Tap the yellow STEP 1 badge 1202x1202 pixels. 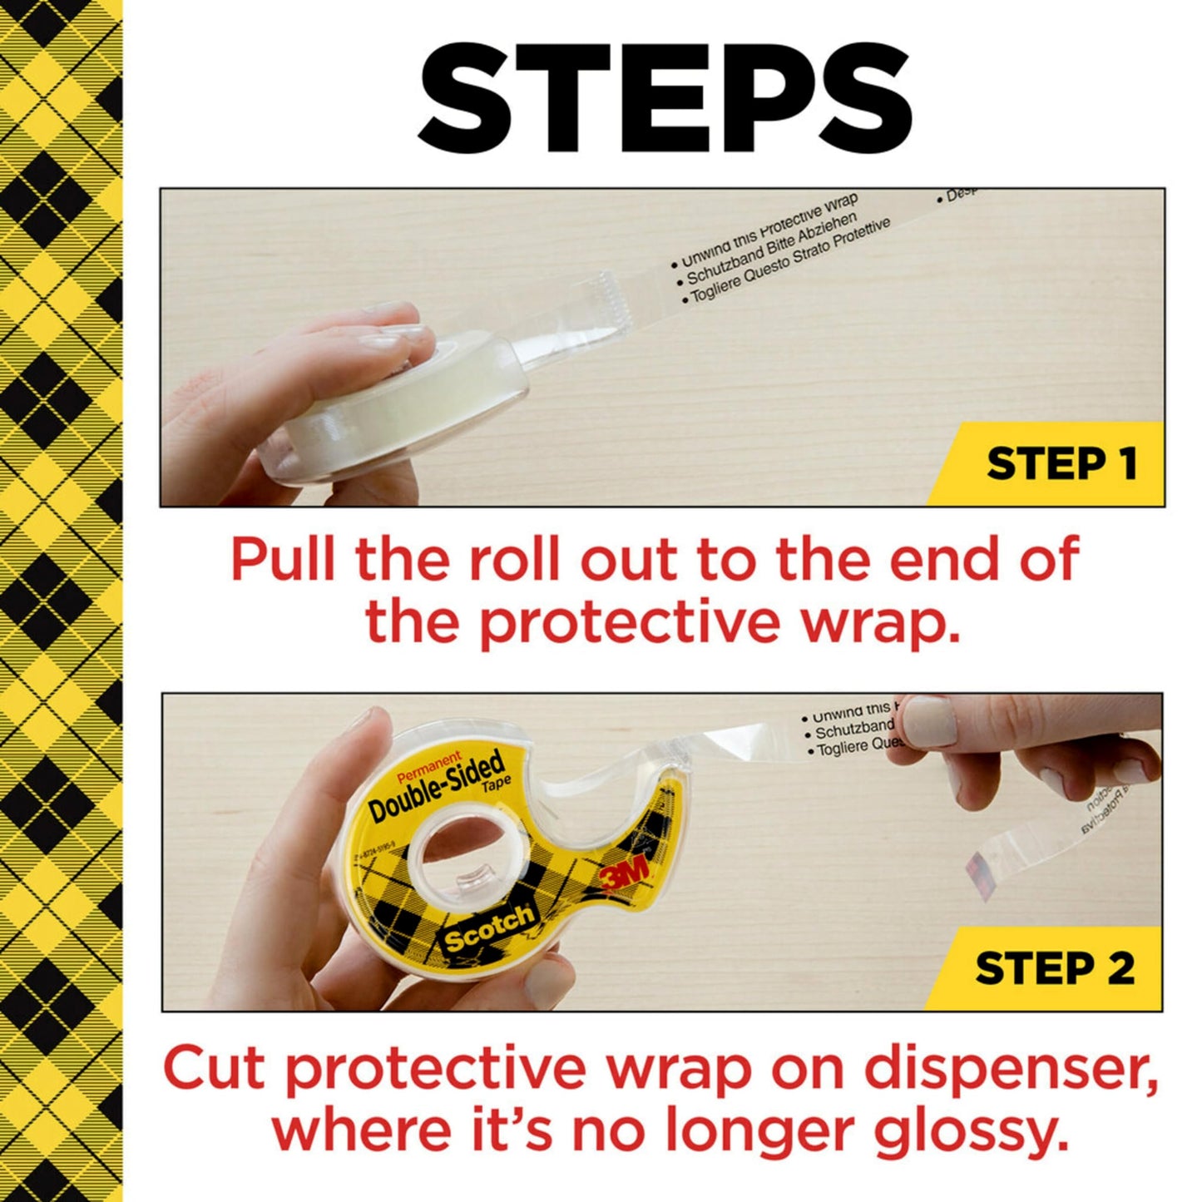click(1061, 463)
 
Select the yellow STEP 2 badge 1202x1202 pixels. click(1054, 968)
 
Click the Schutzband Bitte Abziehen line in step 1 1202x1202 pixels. click(770, 247)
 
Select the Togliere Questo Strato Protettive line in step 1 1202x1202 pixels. click(785, 263)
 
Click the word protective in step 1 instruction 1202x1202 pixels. click(630, 622)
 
